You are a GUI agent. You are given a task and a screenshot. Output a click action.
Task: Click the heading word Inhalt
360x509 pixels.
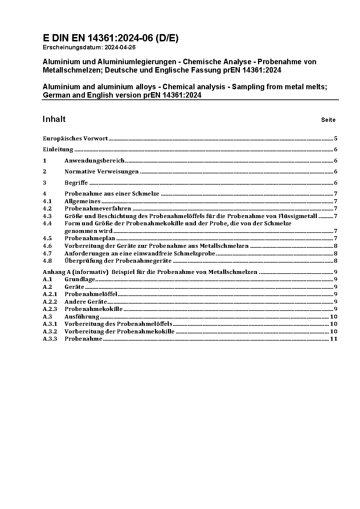point(54,119)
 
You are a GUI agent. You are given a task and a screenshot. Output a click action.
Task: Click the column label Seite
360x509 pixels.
point(328,120)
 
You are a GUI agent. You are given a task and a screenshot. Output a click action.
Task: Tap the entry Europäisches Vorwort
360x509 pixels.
point(75,139)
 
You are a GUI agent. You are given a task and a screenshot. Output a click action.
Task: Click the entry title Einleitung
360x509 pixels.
point(58,149)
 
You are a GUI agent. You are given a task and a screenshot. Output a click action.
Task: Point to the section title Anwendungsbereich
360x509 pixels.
point(94,161)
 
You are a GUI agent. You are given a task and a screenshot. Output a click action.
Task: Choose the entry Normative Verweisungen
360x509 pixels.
point(102,172)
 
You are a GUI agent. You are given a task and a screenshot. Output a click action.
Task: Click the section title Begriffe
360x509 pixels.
point(76,183)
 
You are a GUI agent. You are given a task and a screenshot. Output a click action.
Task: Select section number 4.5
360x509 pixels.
point(47,238)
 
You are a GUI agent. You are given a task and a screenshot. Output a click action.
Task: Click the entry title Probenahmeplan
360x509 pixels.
point(90,238)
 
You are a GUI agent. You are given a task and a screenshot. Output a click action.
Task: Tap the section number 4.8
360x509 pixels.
point(47,261)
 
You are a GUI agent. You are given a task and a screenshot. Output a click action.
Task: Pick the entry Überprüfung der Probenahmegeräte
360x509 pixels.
point(118,261)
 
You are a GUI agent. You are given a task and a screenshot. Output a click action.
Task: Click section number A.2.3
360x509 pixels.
point(50,309)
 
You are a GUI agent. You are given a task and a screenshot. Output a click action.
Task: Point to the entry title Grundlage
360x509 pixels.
point(80,279)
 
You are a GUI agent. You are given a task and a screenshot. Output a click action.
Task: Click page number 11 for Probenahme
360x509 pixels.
point(334,339)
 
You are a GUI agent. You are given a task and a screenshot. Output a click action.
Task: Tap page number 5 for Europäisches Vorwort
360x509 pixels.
point(336,139)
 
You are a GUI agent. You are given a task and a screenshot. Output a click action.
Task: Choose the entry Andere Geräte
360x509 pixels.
point(86,302)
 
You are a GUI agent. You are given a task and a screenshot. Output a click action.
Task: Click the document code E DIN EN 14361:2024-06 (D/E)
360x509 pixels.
point(111,38)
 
